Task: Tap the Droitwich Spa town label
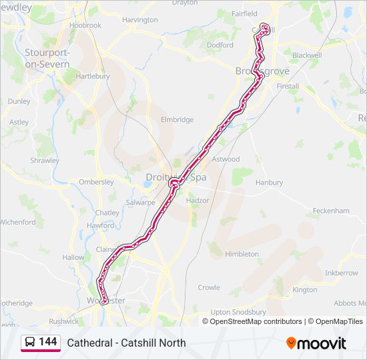[175, 177]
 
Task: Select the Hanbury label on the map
[269, 182]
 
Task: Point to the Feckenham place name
[331, 211]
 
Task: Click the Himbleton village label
[242, 254]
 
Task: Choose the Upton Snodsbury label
[238, 311]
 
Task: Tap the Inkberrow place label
[341, 273]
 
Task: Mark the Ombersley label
[96, 181]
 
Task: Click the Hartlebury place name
[93, 76]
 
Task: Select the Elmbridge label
[177, 120]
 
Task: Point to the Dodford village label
[220, 45]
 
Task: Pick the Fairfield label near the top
[244, 13]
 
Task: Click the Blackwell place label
[307, 55]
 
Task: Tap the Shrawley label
[45, 161]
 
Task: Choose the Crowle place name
[209, 287]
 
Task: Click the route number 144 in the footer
[48, 342]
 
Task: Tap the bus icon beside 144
[30, 343]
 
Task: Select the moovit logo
[316, 343]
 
